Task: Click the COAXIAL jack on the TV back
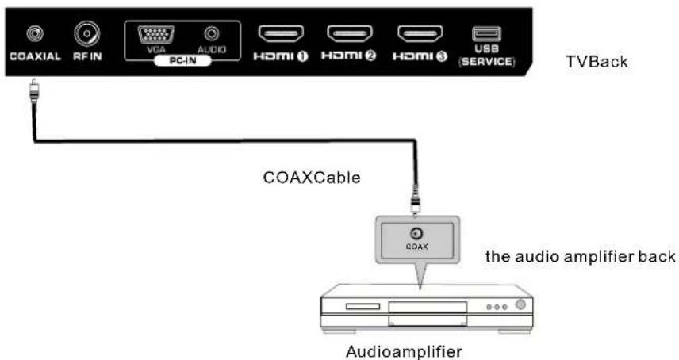click(x=34, y=33)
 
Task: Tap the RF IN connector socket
click(x=86, y=33)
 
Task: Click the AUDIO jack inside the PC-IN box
click(x=211, y=34)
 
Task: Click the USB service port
click(x=486, y=34)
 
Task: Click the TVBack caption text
click(x=596, y=61)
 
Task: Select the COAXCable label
click(x=312, y=178)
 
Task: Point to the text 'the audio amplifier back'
click(x=581, y=256)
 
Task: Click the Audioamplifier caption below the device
click(x=404, y=349)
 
